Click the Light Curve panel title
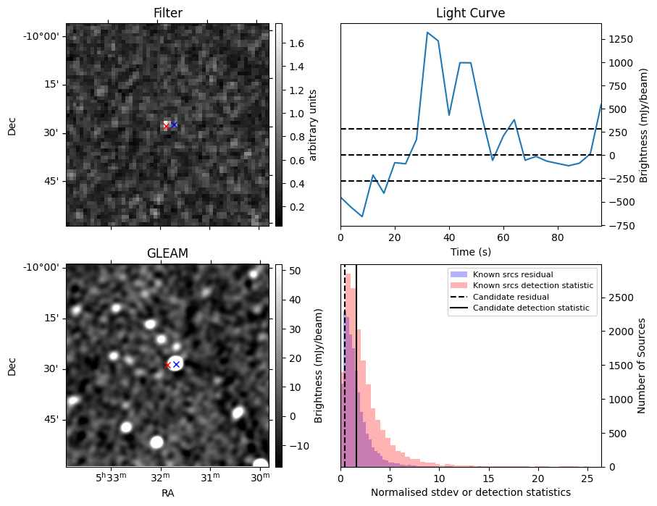(x=470, y=13)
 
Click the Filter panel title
(x=168, y=13)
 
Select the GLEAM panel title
(x=168, y=253)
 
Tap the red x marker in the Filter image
(x=166, y=126)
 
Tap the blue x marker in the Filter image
(x=174, y=125)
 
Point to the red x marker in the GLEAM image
(x=167, y=365)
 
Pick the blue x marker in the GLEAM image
(x=176, y=364)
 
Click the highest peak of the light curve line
(x=427, y=33)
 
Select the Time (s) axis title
(x=470, y=251)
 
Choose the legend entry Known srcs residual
(x=513, y=275)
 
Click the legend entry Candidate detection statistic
(x=530, y=308)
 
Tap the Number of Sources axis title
(x=642, y=365)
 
